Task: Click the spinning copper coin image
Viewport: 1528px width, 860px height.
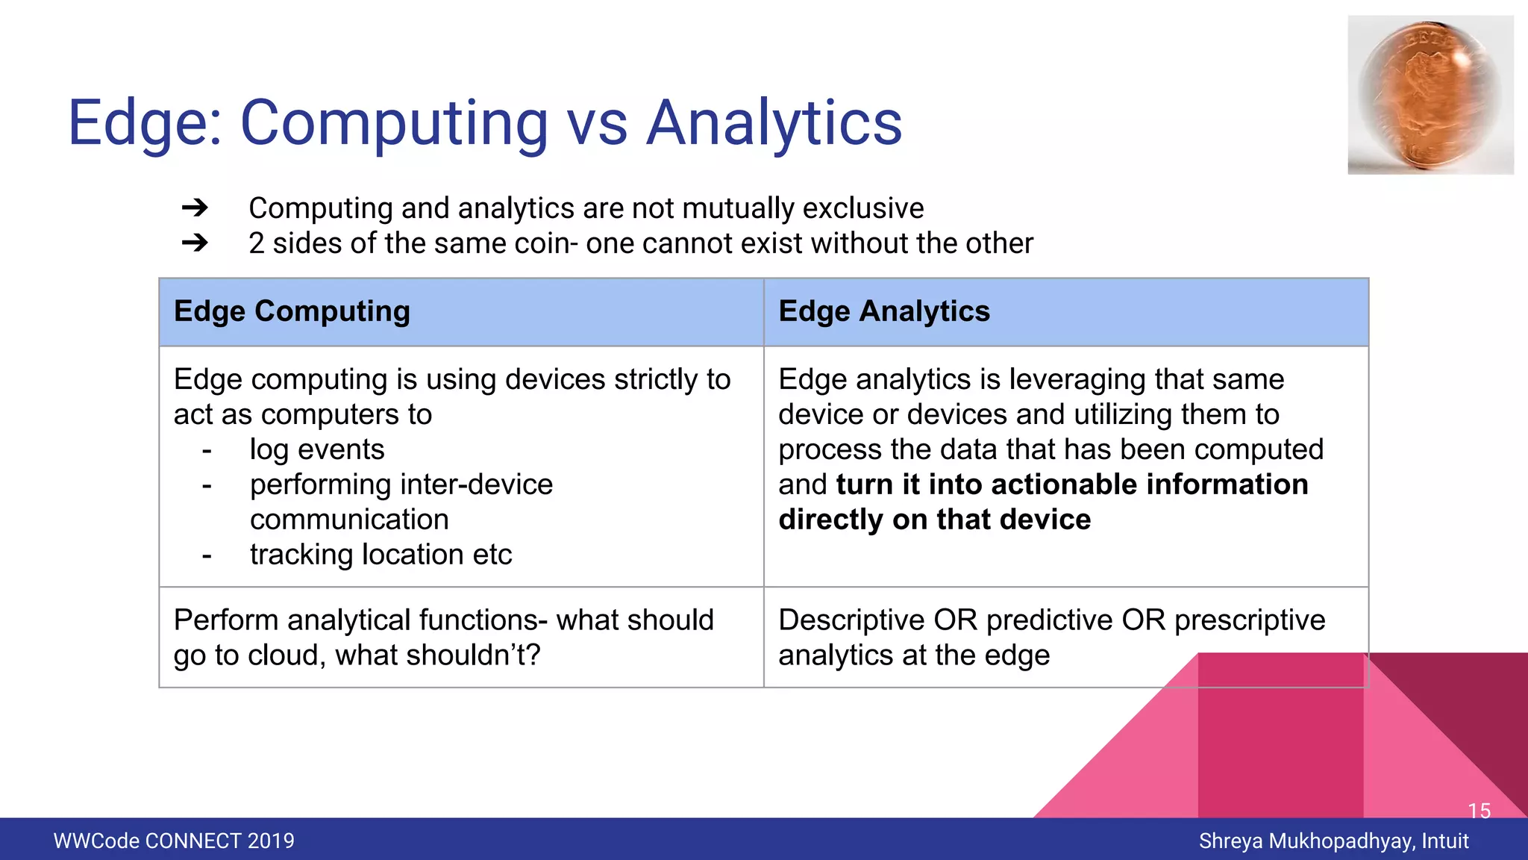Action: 1429,95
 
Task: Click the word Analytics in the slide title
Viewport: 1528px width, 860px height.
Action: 774,123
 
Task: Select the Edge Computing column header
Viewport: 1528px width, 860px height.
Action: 292,311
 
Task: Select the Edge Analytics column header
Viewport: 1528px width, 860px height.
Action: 884,311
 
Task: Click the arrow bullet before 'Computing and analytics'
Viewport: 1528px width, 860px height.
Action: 195,208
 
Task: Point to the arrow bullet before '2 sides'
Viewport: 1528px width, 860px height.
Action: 195,243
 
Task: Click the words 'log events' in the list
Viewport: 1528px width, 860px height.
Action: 317,449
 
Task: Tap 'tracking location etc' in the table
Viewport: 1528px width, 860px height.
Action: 381,555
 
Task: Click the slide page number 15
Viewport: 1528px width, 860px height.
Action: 1479,810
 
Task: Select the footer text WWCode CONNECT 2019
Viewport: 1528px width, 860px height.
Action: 174,841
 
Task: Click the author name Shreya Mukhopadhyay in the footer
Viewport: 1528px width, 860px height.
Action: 1306,841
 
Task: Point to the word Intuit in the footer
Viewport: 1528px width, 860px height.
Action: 1445,841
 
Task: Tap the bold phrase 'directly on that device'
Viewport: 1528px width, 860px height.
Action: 934,520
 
